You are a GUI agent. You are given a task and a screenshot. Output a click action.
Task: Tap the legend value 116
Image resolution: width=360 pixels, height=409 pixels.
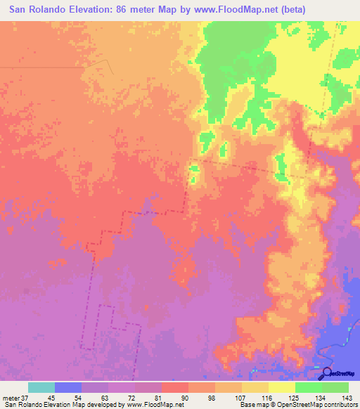[266, 398]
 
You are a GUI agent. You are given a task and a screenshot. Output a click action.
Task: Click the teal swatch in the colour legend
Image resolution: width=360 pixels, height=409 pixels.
[41, 387]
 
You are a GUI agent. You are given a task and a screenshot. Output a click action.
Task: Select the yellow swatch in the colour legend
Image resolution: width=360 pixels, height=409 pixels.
[281, 387]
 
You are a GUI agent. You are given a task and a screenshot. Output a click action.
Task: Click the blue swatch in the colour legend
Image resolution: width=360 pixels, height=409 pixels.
[68, 387]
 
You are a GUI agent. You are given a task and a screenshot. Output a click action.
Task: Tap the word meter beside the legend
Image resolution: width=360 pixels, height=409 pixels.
[11, 398]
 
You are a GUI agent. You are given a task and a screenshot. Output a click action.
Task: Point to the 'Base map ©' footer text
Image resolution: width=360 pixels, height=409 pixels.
[257, 405]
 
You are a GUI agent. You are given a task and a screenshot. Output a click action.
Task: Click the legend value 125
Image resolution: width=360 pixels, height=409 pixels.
[293, 398]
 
